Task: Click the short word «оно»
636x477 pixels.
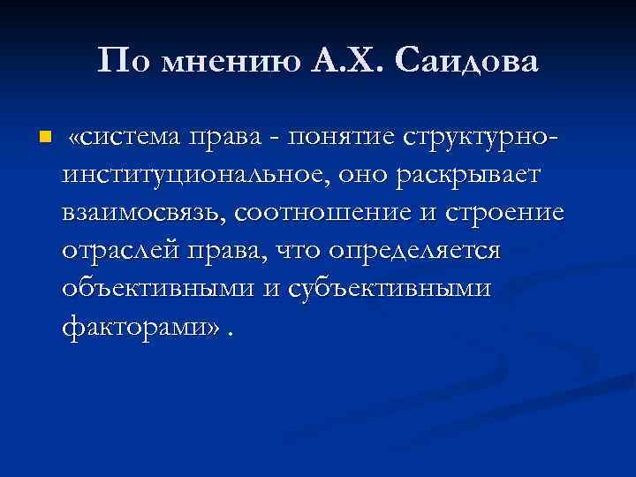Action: coord(360,177)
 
